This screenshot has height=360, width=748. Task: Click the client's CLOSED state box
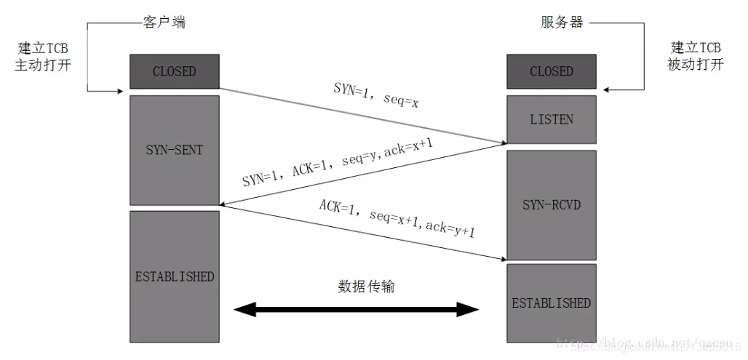coord(175,71)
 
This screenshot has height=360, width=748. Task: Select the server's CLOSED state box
coord(551,71)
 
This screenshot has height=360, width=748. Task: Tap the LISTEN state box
coord(551,119)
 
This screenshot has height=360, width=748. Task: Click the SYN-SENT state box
coord(175,150)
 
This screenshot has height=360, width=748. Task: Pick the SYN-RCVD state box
coord(551,205)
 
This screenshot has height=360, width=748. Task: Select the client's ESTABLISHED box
coord(175,276)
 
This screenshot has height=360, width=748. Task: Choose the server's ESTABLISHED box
coord(551,303)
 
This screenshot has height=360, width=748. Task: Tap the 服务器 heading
coord(562,22)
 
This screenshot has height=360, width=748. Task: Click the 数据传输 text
coord(367,286)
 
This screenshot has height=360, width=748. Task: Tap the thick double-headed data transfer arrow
coord(357,311)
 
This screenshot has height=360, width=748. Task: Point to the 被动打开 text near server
coord(696,64)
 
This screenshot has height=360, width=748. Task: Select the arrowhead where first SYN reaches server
coord(501,143)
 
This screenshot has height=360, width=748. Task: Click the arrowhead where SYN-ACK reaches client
coord(224,204)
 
